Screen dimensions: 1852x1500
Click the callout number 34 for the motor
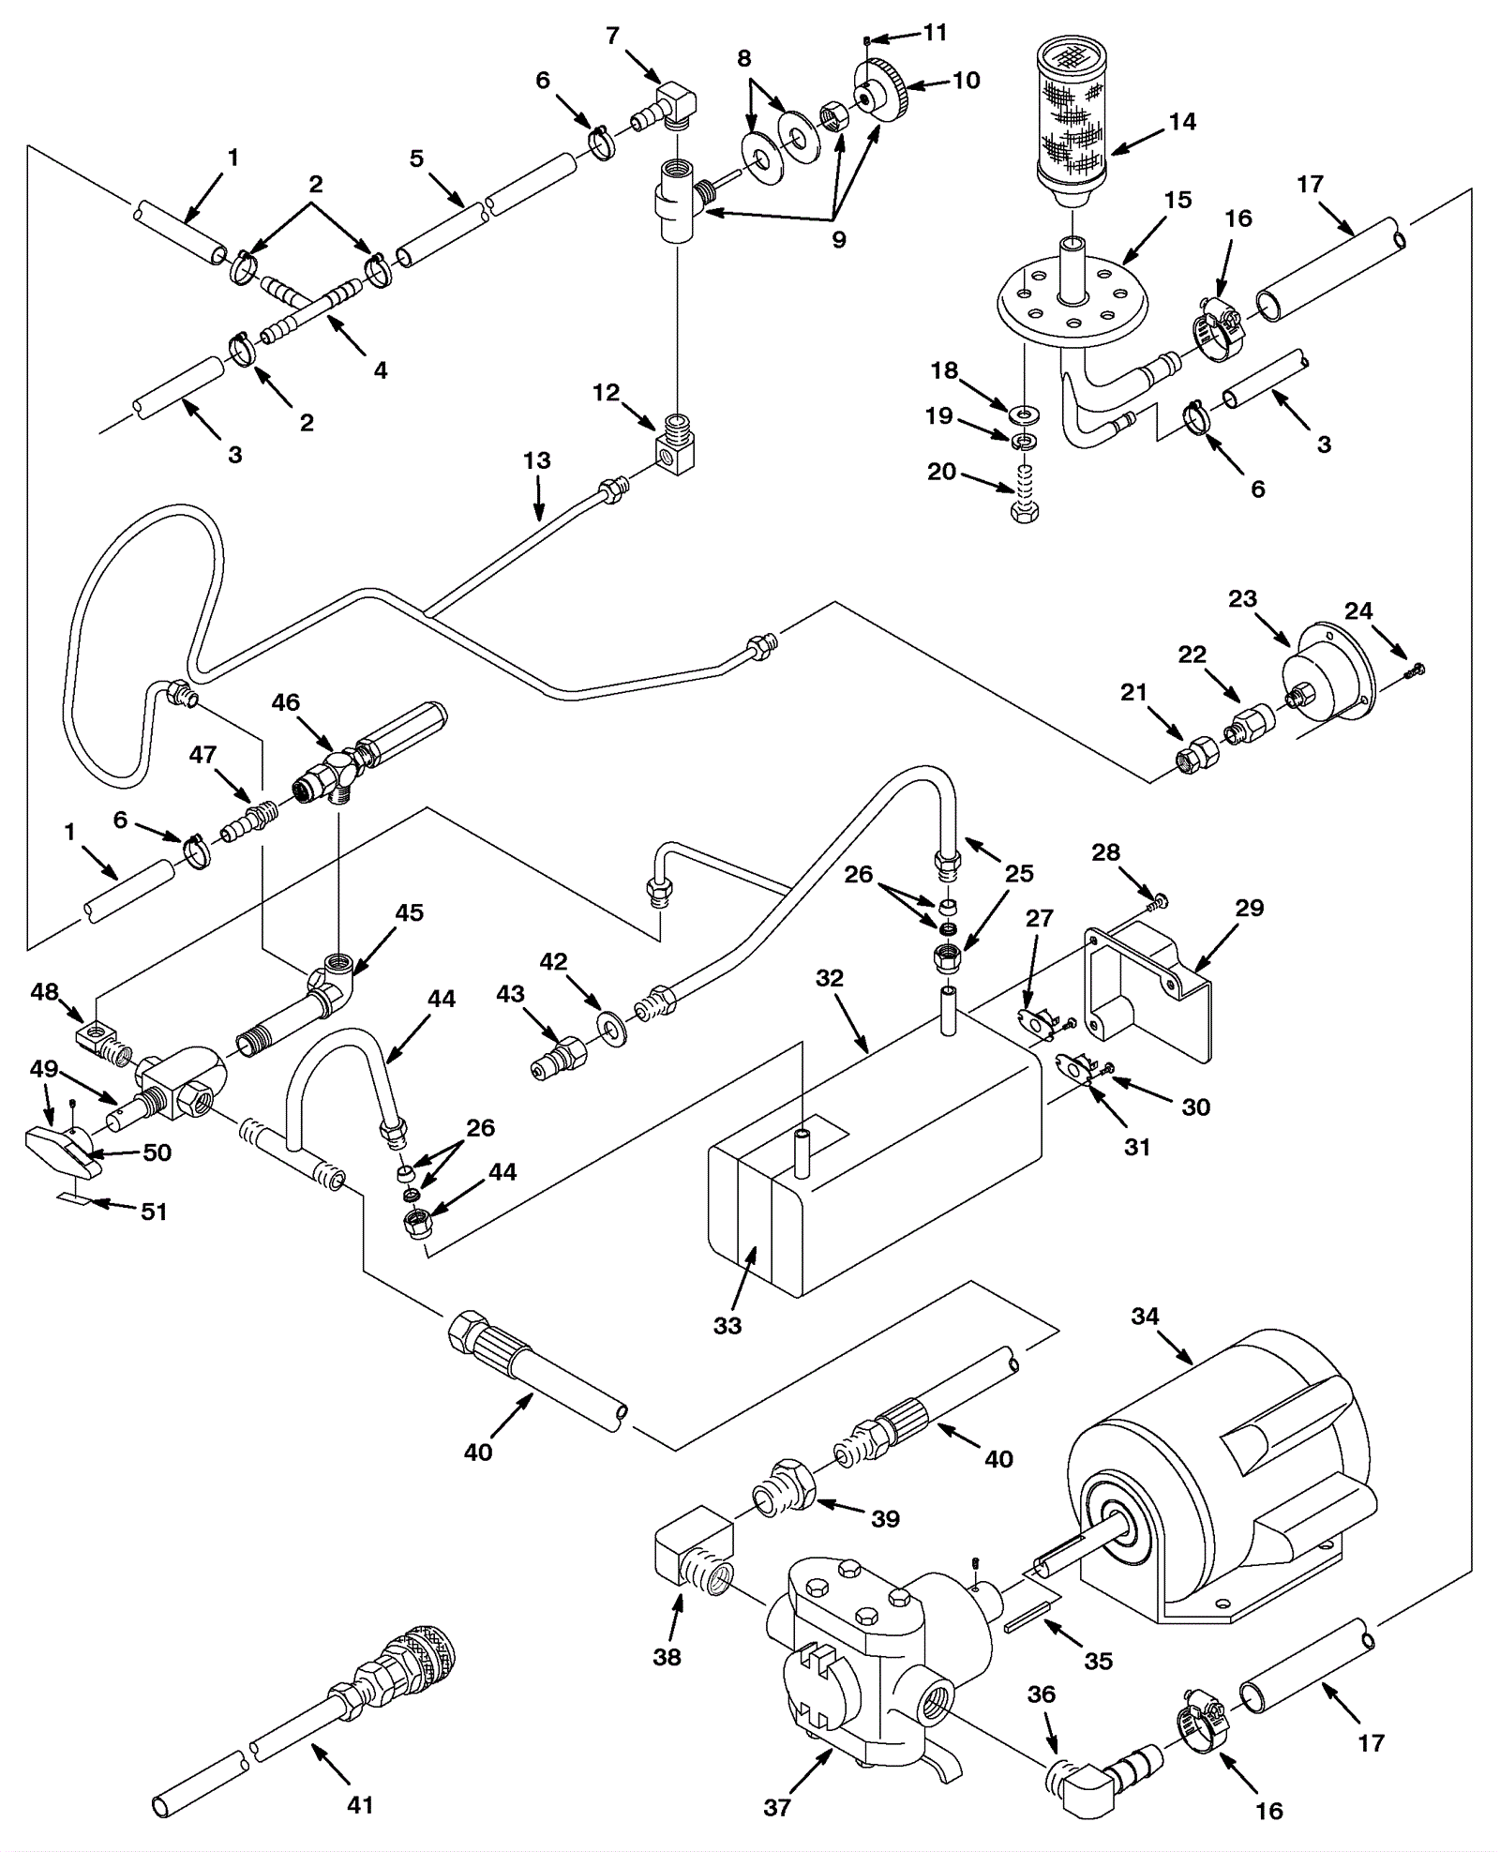point(1145,1317)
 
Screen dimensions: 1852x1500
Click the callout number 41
point(360,1803)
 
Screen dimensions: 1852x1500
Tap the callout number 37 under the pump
point(777,1806)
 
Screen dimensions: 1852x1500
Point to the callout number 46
point(286,702)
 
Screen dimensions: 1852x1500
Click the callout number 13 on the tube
point(537,460)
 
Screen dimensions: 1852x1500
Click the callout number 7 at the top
point(613,37)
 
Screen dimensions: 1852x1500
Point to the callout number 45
point(410,912)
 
